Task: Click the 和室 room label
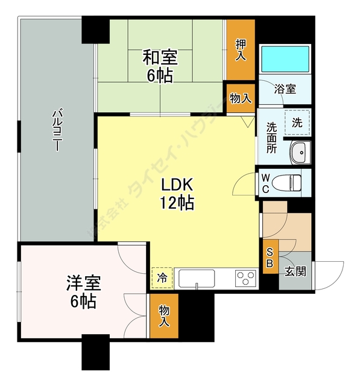[x=160, y=57]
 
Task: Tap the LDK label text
[x=177, y=185]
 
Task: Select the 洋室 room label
[x=83, y=283]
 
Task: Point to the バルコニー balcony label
[x=57, y=130]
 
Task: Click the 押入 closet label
[x=241, y=49]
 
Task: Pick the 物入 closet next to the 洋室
[x=164, y=316]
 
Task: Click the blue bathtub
[x=285, y=59]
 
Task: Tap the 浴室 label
[x=285, y=89]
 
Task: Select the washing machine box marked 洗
[x=297, y=122]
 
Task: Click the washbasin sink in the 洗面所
[x=300, y=153]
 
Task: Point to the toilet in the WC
[x=286, y=183]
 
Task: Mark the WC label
[x=265, y=183]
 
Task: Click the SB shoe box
[x=270, y=256]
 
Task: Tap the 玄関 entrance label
[x=295, y=271]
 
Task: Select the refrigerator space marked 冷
[x=162, y=277]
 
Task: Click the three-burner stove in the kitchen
[x=245, y=279]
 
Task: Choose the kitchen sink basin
[x=197, y=279]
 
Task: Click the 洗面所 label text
[x=271, y=138]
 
